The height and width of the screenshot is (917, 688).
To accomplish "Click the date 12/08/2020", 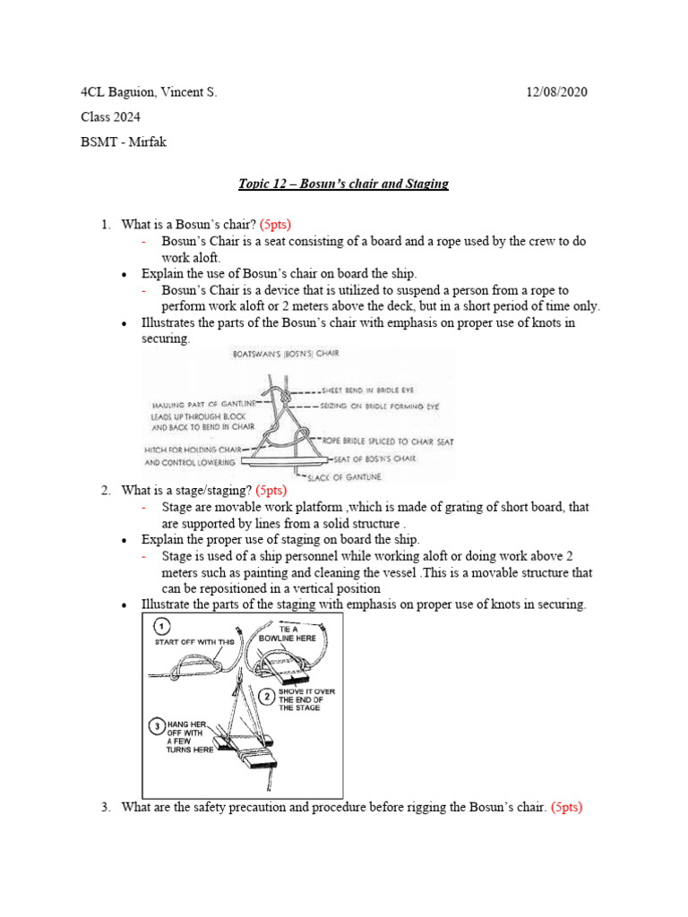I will tap(555, 92).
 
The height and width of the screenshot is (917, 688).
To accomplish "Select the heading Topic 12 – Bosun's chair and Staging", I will tap(343, 184).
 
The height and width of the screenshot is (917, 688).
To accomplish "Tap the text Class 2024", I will tap(110, 117).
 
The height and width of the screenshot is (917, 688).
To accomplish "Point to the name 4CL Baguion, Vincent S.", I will tap(149, 92).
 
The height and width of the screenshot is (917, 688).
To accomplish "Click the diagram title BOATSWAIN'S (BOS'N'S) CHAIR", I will tap(279, 354).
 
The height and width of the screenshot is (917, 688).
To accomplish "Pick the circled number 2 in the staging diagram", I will tap(267, 695).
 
